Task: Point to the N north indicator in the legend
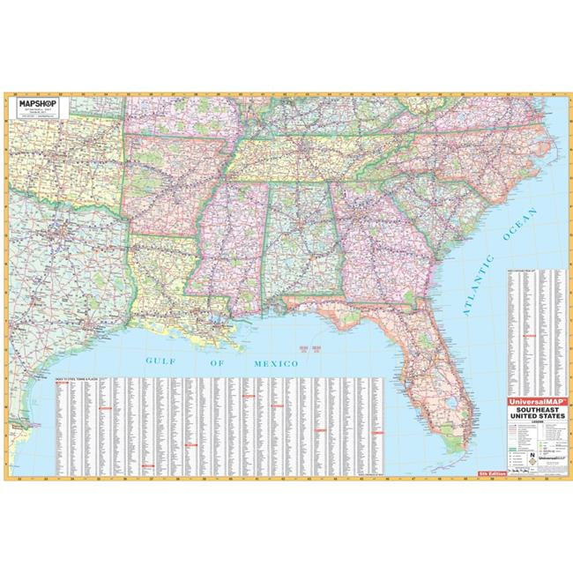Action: click(x=533, y=456)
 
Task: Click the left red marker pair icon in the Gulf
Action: click(x=306, y=351)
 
